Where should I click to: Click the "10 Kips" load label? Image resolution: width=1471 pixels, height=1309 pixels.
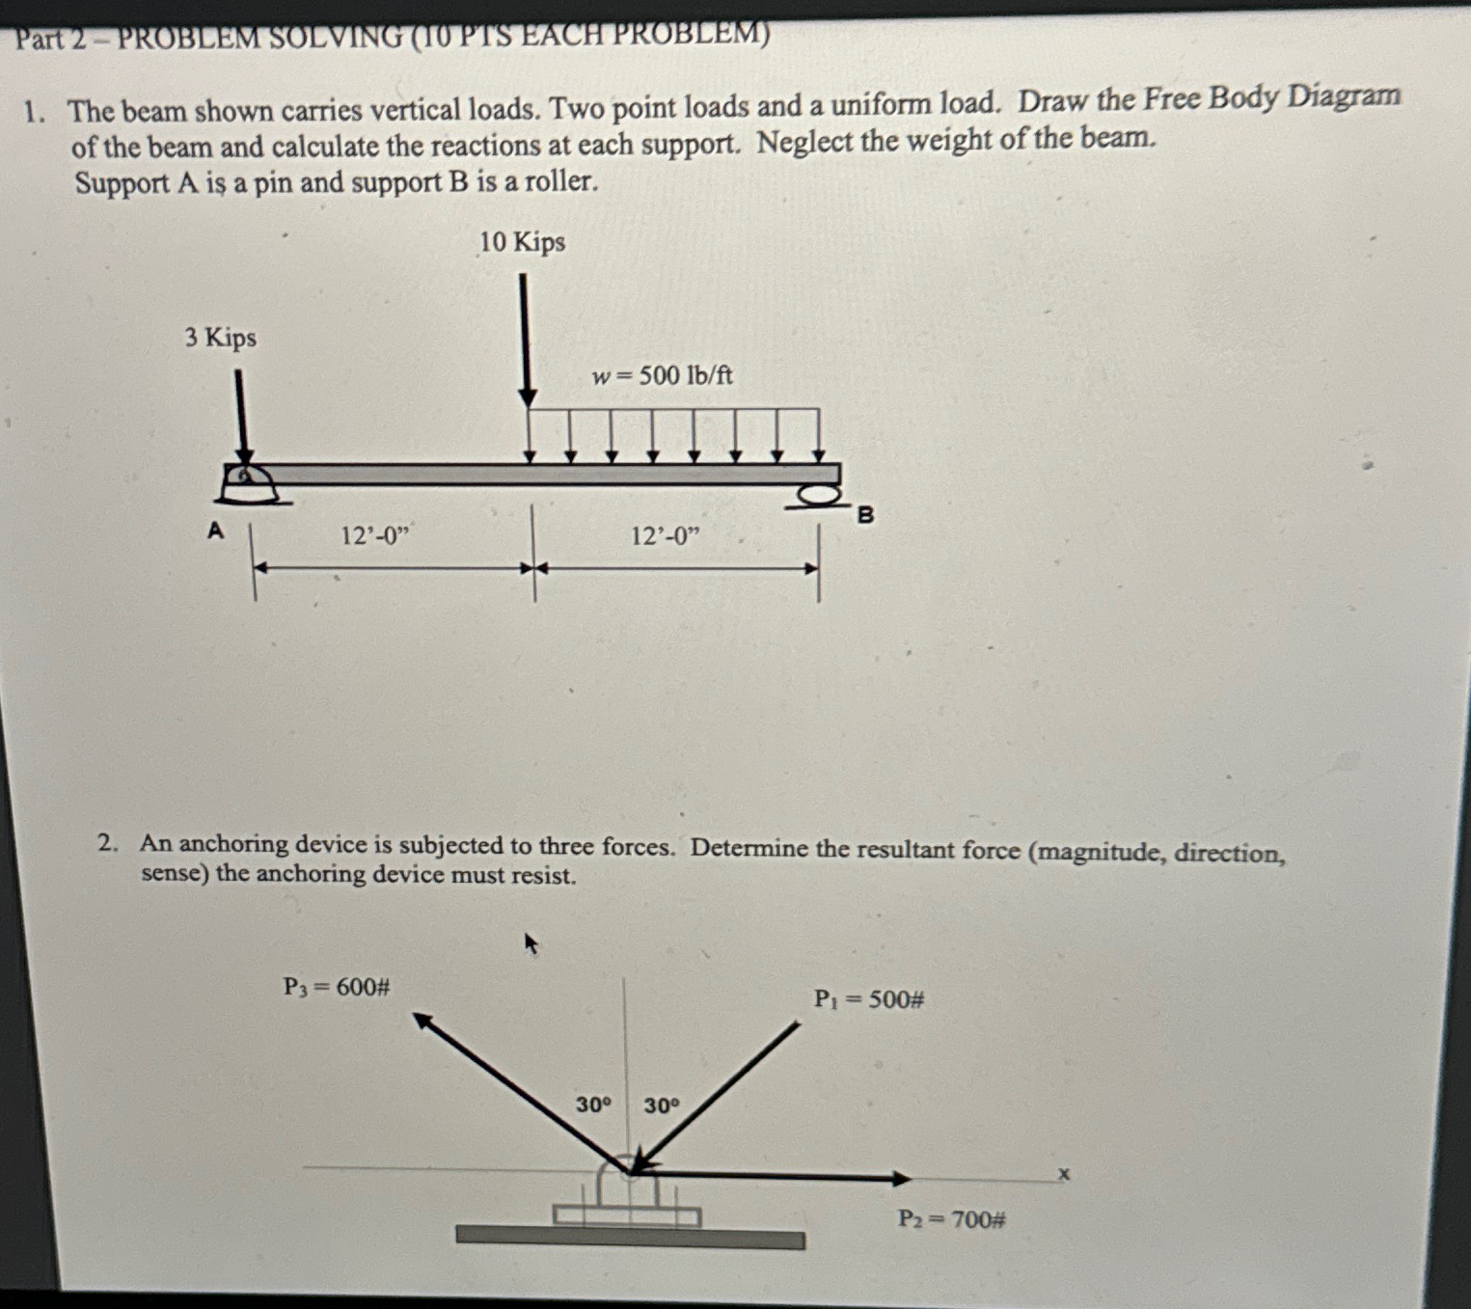point(522,242)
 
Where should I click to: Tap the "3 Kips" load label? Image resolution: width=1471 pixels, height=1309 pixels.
point(221,338)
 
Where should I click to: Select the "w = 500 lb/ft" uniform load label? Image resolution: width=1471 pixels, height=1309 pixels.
point(662,375)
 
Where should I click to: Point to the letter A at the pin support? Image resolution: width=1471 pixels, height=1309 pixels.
point(215,530)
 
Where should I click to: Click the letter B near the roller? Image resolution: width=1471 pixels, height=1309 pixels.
point(865,515)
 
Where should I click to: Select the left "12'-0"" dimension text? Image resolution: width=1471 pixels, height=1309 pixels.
point(375,535)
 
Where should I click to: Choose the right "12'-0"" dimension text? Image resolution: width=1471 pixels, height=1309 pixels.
point(665,536)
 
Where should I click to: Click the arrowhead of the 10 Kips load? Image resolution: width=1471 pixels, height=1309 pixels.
point(528,396)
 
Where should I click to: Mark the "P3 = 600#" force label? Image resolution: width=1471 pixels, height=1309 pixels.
point(336,987)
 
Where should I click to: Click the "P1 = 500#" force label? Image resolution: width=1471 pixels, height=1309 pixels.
point(869,999)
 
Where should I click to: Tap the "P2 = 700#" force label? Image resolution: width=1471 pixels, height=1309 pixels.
point(951,1220)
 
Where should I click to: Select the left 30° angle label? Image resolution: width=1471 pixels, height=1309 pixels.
point(593,1104)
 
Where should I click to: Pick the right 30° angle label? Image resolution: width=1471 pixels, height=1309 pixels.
point(661,1105)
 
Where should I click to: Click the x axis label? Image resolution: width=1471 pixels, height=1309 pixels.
point(1064,1174)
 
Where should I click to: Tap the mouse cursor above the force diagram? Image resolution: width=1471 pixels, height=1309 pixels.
point(531,942)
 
